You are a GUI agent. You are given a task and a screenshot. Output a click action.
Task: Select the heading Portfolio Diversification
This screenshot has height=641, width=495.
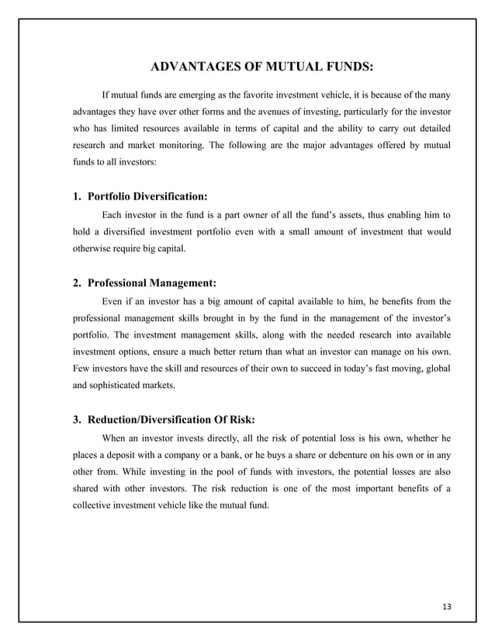[147, 196]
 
